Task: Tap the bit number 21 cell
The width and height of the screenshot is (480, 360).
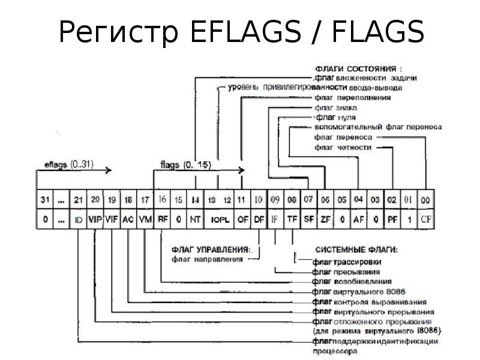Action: [78, 200]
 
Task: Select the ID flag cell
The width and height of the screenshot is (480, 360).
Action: [78, 220]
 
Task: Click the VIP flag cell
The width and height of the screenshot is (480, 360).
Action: [95, 220]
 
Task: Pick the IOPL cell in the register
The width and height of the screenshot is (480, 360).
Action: [220, 220]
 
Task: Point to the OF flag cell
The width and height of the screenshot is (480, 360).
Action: [242, 220]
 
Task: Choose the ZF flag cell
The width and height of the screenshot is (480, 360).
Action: [325, 220]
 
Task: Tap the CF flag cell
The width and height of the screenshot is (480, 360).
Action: [426, 220]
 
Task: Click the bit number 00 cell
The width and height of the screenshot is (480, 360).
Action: [426, 200]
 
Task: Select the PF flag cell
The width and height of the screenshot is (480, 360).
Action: [392, 220]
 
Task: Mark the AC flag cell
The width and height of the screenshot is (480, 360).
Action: [128, 220]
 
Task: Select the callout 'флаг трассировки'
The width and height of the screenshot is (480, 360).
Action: [347, 262]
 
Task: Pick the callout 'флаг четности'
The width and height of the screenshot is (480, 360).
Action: [343, 147]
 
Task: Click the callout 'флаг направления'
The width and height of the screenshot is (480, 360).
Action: [207, 260]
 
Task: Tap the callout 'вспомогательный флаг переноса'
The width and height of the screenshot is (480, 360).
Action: [377, 127]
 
